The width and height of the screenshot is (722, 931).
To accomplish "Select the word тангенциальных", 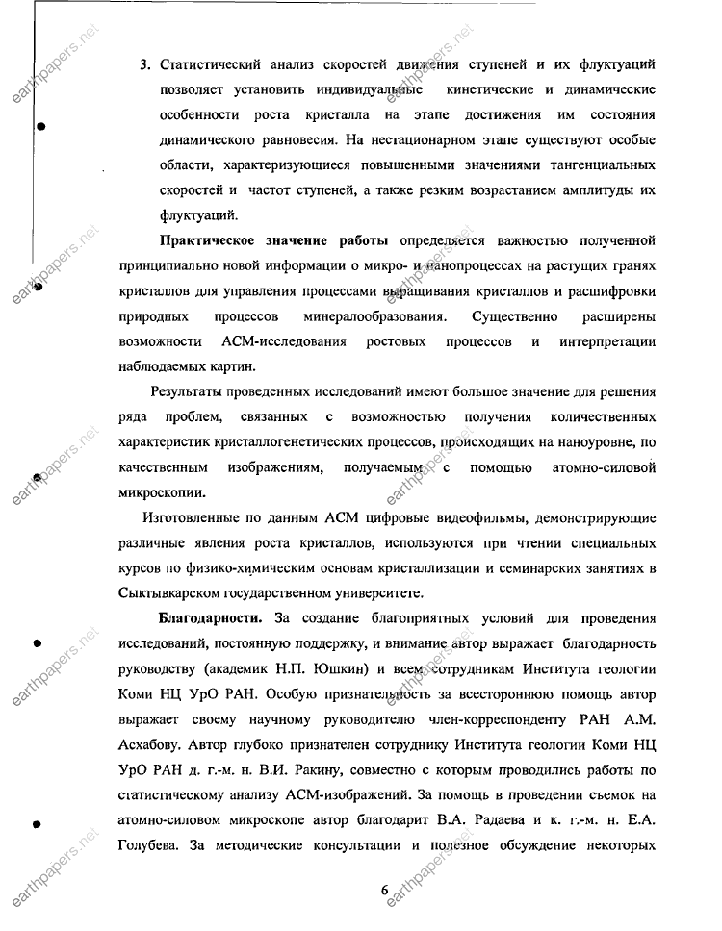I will click(x=583, y=165).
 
